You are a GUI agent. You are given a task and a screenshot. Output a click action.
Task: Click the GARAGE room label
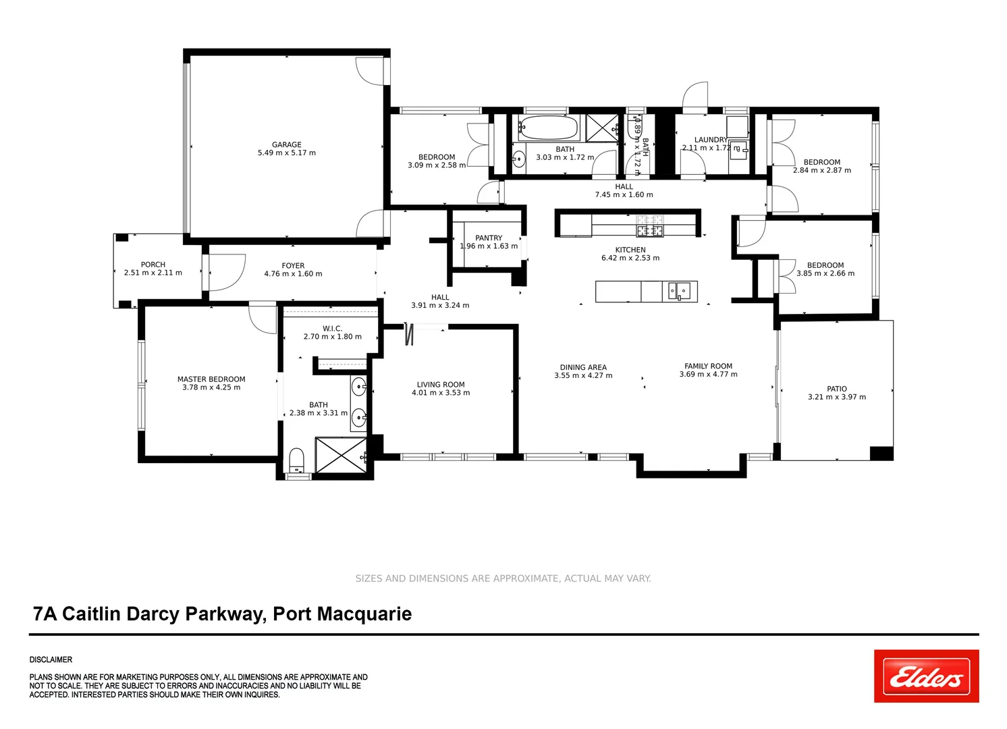tap(287, 144)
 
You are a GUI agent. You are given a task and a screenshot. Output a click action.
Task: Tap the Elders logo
tap(926, 676)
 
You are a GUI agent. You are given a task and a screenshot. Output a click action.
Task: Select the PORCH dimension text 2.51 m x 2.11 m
tap(153, 273)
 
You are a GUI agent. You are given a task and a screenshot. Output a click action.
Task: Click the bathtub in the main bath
tap(548, 128)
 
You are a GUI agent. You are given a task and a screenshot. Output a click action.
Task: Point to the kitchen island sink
tap(679, 291)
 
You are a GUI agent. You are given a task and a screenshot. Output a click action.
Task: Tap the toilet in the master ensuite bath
tap(297, 461)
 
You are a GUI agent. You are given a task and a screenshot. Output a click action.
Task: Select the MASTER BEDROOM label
tap(211, 379)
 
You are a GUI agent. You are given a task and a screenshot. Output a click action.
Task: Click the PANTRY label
tap(489, 238)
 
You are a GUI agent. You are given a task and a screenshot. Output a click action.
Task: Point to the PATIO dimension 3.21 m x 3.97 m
tap(837, 398)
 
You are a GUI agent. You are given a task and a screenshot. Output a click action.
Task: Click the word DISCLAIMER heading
tap(51, 659)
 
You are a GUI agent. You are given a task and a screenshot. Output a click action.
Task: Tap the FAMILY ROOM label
tap(708, 366)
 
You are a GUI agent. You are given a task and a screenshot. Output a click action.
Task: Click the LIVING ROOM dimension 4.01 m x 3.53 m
tap(441, 393)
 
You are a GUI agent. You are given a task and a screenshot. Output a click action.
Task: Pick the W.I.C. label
tap(332, 329)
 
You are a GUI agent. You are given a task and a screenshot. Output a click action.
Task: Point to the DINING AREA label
tap(583, 367)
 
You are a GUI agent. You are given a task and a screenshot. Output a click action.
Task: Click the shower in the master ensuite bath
tap(341, 455)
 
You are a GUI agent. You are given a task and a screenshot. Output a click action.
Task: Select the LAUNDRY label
tap(711, 140)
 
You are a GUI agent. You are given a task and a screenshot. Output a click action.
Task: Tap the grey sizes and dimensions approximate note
tap(503, 578)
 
